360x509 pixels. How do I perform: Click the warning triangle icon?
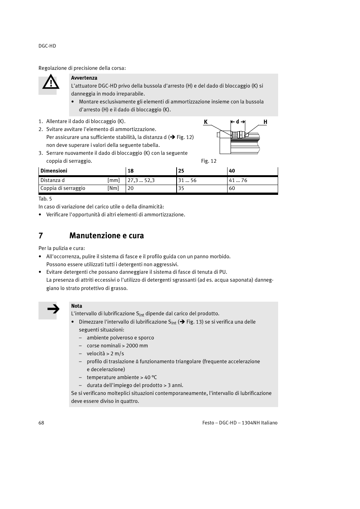[x=51, y=83]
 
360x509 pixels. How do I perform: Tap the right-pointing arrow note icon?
[x=53, y=310]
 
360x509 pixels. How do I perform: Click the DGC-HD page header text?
[x=47, y=46]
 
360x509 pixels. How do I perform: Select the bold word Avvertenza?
[x=84, y=78]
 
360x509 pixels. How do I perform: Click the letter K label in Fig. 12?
[x=206, y=122]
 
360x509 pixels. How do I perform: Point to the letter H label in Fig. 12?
[x=265, y=122]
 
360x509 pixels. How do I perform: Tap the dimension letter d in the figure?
[x=237, y=122]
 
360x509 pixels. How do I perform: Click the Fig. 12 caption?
[x=209, y=161]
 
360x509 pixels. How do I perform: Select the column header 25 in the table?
[x=181, y=171]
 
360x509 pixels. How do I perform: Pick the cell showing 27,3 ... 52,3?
[x=141, y=180]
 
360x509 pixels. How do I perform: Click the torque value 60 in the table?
[x=232, y=188]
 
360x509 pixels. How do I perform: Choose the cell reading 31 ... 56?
[x=187, y=180]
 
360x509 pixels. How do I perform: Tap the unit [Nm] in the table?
[x=113, y=188]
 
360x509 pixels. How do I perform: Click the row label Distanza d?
[x=52, y=180]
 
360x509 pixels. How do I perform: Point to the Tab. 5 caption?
[x=45, y=199]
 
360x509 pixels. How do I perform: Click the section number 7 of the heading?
[x=41, y=236]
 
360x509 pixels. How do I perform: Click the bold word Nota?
[x=77, y=306]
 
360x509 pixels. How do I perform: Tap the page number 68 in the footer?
[x=41, y=423]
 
